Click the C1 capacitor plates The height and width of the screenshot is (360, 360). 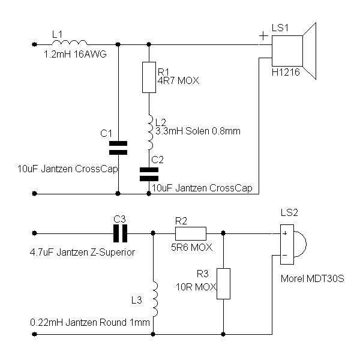(x=119, y=147)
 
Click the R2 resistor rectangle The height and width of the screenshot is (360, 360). (x=191, y=233)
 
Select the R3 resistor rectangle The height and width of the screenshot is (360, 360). (x=223, y=284)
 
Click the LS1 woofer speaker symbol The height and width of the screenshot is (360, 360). (x=294, y=50)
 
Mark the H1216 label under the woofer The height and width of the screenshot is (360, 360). (x=286, y=72)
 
